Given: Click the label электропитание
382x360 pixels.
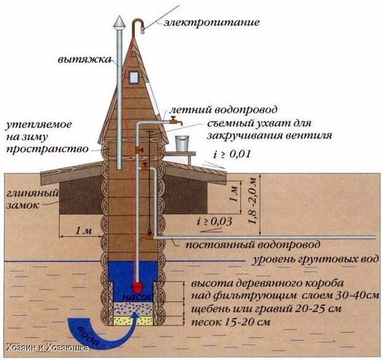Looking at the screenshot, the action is pos(211,22).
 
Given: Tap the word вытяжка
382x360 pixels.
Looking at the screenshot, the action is pos(84,60).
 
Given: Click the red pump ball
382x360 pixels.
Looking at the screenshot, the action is pos(137,287).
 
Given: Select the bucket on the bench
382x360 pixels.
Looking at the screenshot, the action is pos(182,143).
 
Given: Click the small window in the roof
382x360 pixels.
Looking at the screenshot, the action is pos(134,78).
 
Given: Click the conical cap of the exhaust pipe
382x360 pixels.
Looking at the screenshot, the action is pos(120,22).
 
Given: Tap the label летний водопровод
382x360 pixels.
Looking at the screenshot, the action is pos(223,110).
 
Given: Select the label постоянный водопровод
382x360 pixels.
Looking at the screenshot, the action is pos(253,244).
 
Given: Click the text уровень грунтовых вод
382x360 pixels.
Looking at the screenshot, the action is pos(315,259).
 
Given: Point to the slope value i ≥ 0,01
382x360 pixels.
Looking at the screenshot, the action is pos(232,154).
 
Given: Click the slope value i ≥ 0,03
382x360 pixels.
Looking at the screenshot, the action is pos(214,222).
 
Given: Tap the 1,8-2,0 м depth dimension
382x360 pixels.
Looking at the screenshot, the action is pos(253,201).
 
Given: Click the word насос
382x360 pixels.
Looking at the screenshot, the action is pos(137,297).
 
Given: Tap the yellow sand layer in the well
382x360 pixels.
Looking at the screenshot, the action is pos(134,321).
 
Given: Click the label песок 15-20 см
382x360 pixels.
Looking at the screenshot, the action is pos(230,322).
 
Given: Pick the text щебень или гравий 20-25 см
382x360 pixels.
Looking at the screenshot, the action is pos(266,309).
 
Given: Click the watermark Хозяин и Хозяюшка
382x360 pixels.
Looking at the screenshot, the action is pos(47,348).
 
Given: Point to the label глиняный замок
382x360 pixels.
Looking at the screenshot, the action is pos(32,199).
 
